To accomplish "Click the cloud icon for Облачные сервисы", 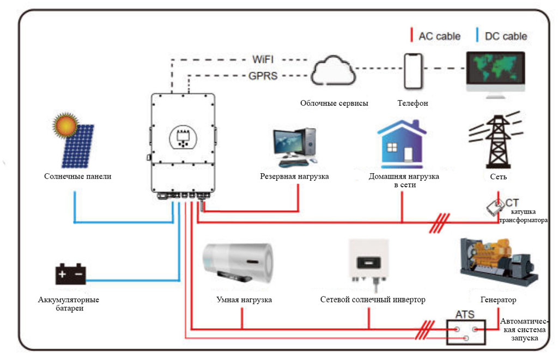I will click(333, 70).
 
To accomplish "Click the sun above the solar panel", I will click(67, 126).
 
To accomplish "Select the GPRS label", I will click(264, 76).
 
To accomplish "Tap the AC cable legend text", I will click(439, 36).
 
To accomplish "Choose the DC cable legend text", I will click(507, 36).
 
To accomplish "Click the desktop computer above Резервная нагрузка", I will click(295, 147).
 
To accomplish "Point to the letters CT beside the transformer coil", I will click(512, 203).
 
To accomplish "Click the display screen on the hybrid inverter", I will click(183, 137).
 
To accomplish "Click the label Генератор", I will click(498, 300).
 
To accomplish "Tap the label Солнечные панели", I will click(78, 176).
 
